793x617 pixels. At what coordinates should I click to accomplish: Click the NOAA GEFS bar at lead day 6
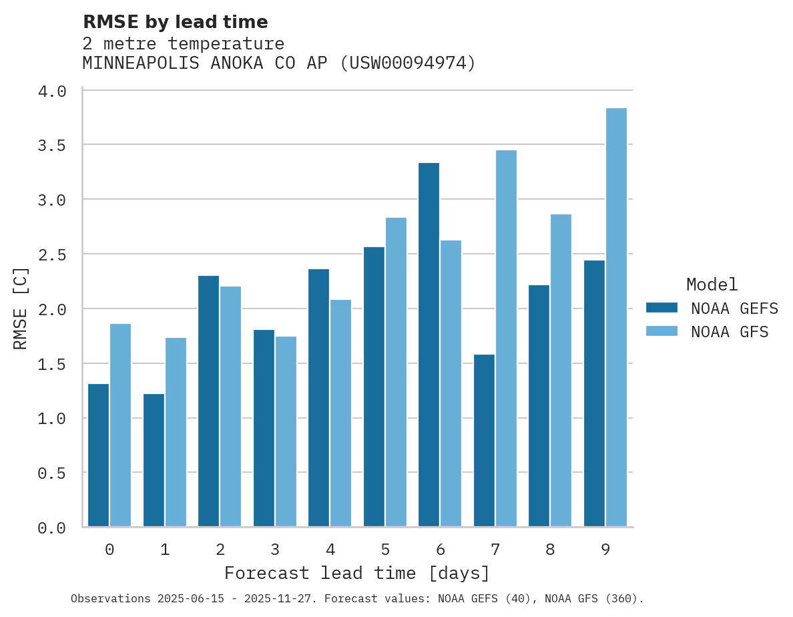[x=429, y=345]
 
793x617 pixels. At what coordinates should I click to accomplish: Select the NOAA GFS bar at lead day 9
[x=616, y=317]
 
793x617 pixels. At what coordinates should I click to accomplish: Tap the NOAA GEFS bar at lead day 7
[x=484, y=441]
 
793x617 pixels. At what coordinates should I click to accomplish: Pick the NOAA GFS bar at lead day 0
[x=121, y=425]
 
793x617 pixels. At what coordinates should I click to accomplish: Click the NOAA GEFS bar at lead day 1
[x=154, y=460]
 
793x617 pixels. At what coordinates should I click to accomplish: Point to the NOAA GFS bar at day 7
[x=506, y=339]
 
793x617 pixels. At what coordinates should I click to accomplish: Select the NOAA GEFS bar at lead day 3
[x=264, y=428]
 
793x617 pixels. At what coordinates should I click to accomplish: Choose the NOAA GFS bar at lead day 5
[x=396, y=372]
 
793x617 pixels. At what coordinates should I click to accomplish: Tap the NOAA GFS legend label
[x=730, y=332]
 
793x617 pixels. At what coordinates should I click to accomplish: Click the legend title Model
[x=712, y=284]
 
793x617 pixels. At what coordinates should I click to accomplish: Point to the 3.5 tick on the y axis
[x=52, y=146]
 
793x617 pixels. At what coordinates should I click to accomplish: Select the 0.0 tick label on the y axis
[x=52, y=528]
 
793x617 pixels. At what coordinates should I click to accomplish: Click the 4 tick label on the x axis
[x=330, y=550]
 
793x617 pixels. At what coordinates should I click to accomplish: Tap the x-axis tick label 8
[x=550, y=550]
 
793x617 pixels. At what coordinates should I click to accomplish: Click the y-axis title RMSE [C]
[x=21, y=308]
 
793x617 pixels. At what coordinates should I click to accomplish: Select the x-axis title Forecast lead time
[x=357, y=573]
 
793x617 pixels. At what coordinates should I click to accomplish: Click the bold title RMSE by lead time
[x=175, y=22]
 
